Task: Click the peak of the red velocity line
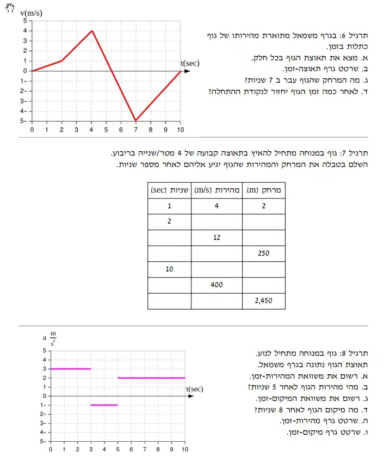click(x=92, y=30)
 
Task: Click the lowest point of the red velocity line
click(x=136, y=120)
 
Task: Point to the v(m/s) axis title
click(x=32, y=13)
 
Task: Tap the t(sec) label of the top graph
click(x=190, y=63)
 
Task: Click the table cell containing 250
click(x=264, y=254)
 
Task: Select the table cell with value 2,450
click(x=264, y=301)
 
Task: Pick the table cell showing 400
click(x=216, y=285)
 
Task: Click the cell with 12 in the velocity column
click(x=216, y=238)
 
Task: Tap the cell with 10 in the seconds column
click(x=169, y=269)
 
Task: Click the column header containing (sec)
click(x=169, y=190)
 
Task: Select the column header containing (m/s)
click(x=216, y=190)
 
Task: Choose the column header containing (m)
click(x=264, y=190)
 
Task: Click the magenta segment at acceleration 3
click(x=70, y=369)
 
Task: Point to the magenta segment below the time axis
click(x=104, y=405)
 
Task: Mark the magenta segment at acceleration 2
click(x=151, y=378)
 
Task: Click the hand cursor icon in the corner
click(x=7, y=9)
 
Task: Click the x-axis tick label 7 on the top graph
click(x=136, y=130)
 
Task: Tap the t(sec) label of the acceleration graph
click(x=194, y=389)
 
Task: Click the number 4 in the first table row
click(x=216, y=206)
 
